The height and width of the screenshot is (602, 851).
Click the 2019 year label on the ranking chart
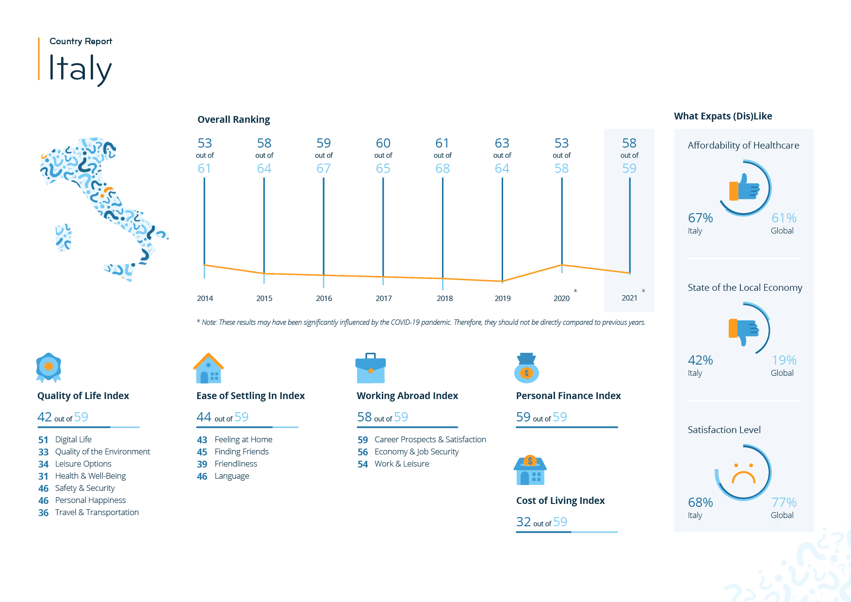point(502,298)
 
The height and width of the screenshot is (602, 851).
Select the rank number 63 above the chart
point(502,143)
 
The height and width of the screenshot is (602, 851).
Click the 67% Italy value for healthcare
point(700,218)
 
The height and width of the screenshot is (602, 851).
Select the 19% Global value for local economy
point(784,360)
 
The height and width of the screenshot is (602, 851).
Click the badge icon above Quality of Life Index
point(49,367)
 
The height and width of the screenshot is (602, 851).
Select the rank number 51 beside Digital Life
point(43,440)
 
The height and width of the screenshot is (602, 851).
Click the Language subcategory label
point(232,476)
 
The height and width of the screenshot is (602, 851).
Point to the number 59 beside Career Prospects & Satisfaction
point(362,440)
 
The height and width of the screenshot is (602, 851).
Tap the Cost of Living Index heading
point(560,501)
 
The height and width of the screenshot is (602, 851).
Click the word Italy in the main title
point(80,68)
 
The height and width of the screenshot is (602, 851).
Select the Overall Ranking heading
point(233,119)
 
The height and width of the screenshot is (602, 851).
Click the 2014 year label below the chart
point(205,298)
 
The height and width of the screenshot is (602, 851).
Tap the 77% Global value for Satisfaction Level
point(784,502)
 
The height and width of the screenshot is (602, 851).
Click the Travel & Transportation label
point(97,512)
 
